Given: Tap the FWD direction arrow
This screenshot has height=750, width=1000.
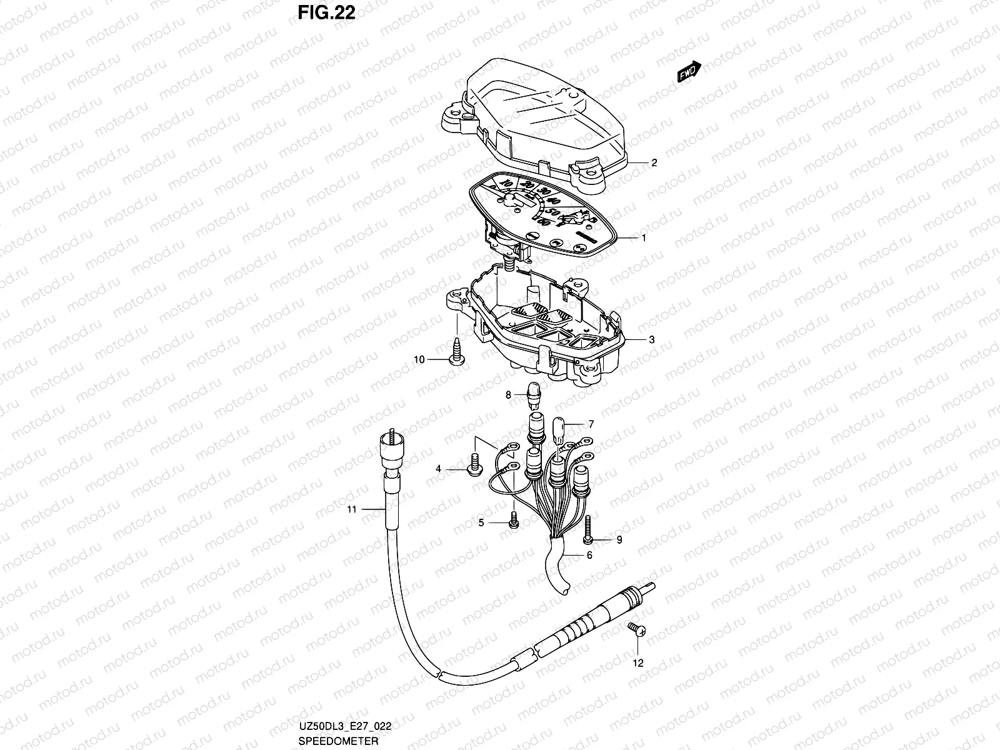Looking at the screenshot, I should (690, 72).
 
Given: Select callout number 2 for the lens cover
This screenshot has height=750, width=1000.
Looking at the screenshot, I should (654, 163).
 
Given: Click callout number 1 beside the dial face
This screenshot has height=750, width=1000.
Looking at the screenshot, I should (643, 237).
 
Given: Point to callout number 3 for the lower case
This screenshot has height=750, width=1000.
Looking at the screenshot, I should (651, 340).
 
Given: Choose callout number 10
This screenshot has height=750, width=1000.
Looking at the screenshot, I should (419, 359).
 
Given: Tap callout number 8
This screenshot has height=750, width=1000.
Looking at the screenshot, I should (509, 394).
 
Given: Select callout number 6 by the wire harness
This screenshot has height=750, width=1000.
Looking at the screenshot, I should (589, 554).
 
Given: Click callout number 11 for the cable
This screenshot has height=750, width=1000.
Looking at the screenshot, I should (352, 509).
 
